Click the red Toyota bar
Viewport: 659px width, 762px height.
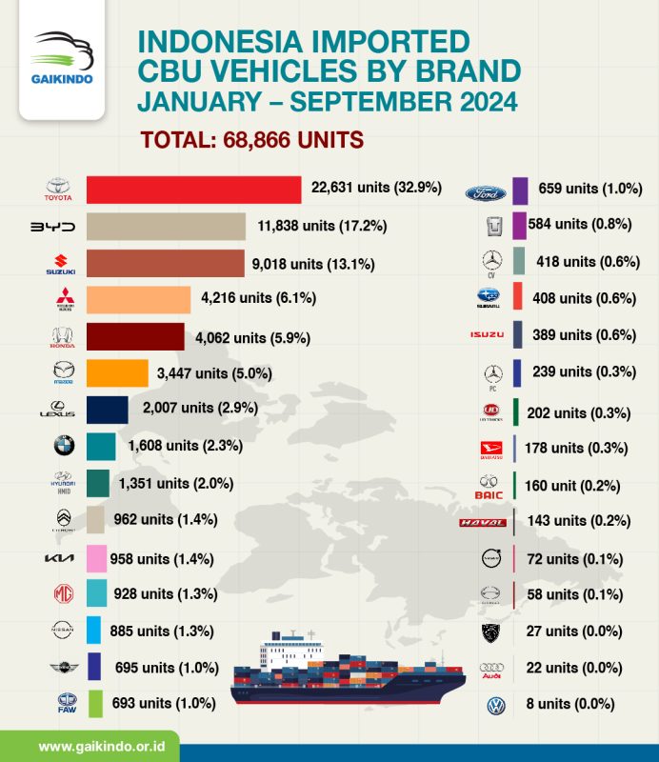tap(193, 190)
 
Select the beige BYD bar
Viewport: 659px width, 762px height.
tap(166, 227)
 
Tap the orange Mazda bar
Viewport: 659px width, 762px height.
tap(117, 372)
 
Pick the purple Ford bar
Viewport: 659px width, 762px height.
tap(520, 190)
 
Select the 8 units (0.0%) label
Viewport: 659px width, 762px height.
tap(569, 705)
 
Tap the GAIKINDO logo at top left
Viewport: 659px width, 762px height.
tap(62, 59)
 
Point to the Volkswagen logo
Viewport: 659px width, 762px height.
tap(496, 706)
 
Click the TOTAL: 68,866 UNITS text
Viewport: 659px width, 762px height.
tap(252, 140)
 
